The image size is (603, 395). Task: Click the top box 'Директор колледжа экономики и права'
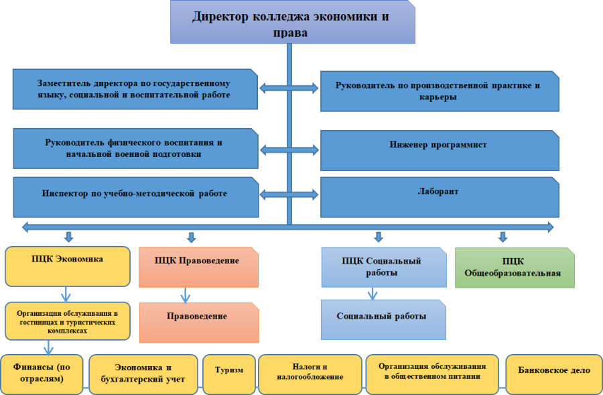291,22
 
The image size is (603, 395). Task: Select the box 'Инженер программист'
439,149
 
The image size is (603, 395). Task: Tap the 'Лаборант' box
439,196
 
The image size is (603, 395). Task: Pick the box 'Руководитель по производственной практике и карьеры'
439,91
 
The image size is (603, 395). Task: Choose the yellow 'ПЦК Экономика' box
67,266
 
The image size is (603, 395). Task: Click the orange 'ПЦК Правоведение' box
199,267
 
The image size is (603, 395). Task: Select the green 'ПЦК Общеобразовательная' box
514,268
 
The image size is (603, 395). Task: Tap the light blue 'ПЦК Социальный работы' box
383,267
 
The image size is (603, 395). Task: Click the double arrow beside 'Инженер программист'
289,149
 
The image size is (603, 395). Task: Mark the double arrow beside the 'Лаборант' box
289,194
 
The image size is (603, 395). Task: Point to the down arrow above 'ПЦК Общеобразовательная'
503,237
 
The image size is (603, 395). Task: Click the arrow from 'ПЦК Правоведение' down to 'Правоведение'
186,295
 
